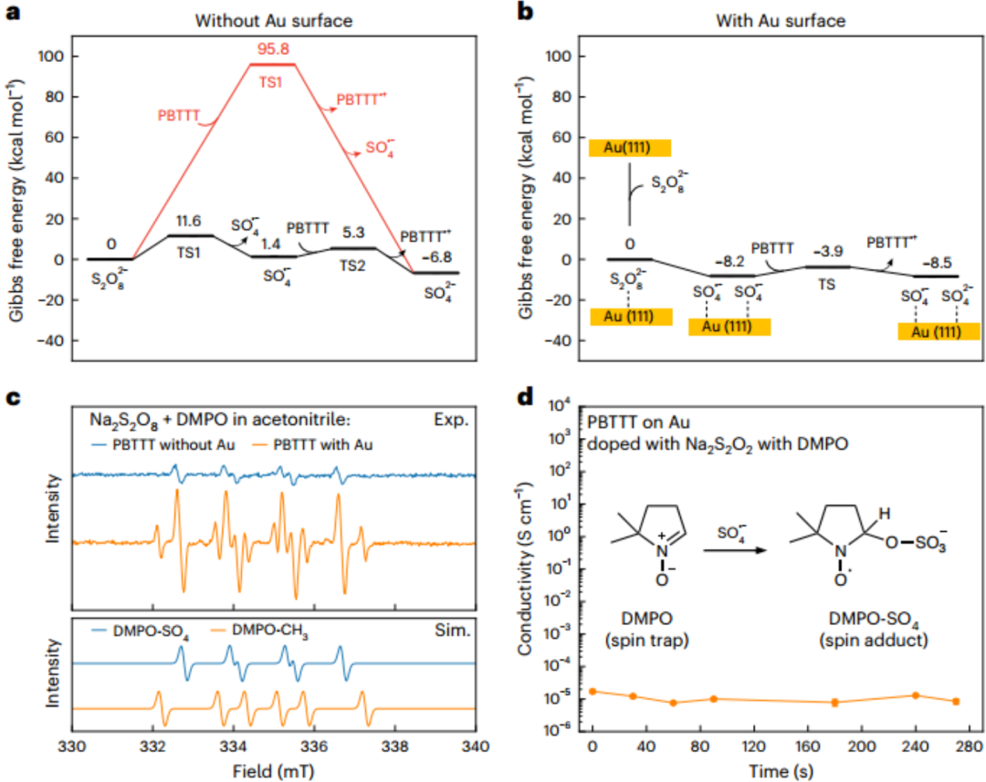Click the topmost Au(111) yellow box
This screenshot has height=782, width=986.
(630, 148)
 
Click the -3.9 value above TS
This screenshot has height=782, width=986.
(820, 250)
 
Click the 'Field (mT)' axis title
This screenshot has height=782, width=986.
(273, 769)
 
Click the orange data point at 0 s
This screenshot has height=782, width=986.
(593, 691)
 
